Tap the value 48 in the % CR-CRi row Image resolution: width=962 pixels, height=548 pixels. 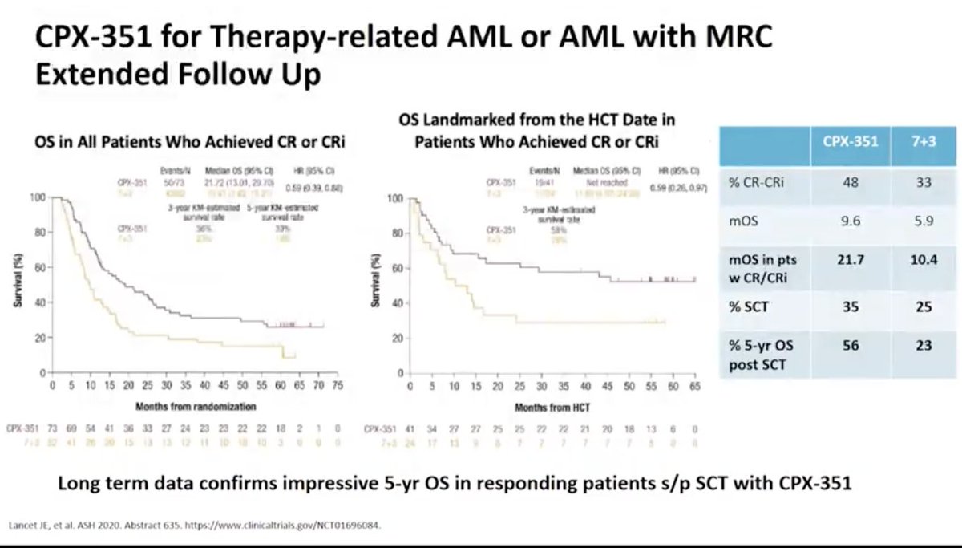pos(850,182)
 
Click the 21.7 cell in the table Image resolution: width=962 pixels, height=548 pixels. pos(850,261)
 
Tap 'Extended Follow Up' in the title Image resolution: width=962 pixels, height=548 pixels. pos(178,75)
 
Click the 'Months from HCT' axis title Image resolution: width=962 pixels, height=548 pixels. pos(542,408)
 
